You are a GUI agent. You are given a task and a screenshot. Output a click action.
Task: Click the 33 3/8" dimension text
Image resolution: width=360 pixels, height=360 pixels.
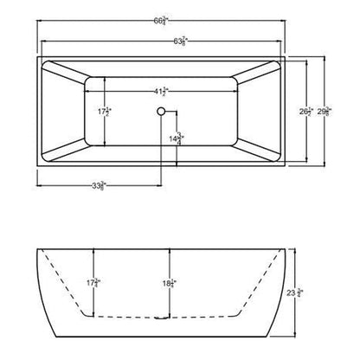(102, 184)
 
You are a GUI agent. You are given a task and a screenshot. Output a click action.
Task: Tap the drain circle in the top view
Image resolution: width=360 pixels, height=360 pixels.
(160, 110)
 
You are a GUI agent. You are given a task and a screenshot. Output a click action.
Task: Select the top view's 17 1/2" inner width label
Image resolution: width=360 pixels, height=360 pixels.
(104, 111)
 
